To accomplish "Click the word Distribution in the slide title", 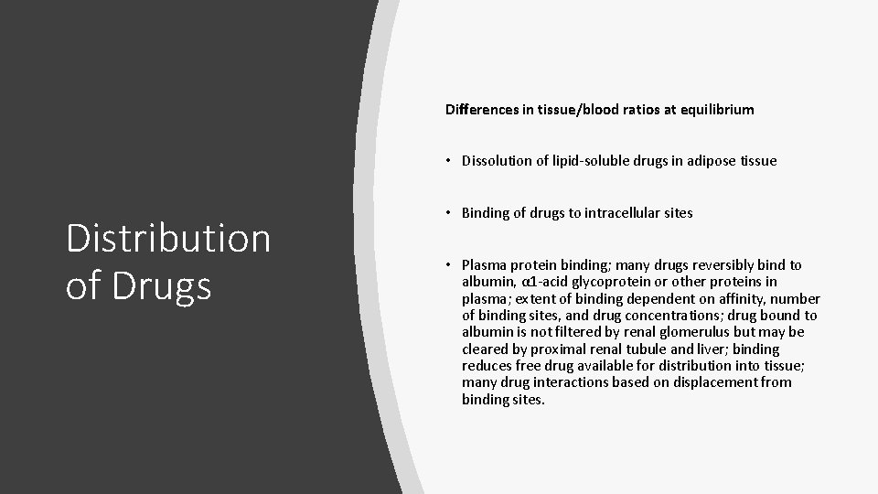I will pos(168,240).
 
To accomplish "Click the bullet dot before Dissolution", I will pos(451,161).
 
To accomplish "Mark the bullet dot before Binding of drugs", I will pos(451,213).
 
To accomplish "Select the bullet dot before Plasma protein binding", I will pos(451,265).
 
